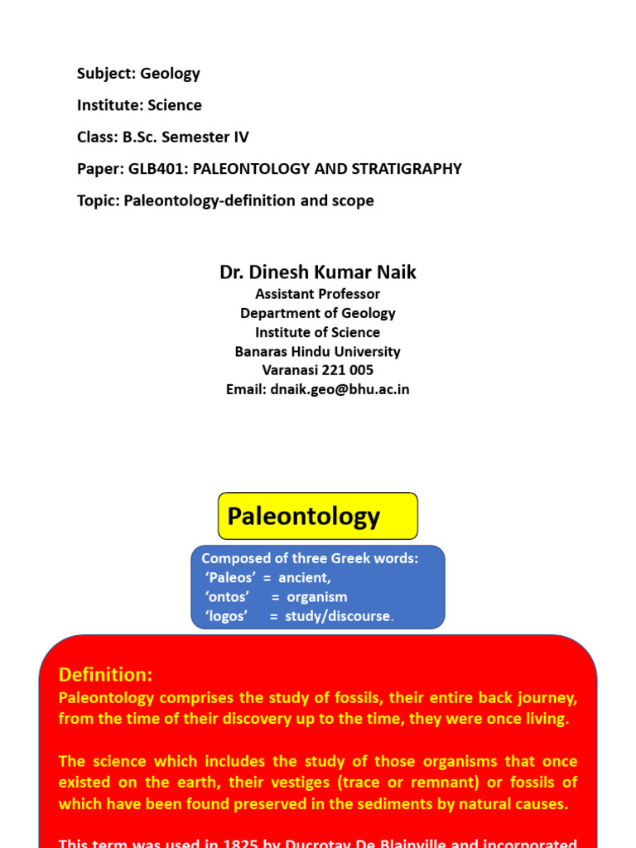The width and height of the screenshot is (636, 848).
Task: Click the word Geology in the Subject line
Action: (x=170, y=74)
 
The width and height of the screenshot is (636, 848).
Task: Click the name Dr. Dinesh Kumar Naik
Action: (x=318, y=272)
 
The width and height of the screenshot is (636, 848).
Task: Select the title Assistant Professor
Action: (x=318, y=294)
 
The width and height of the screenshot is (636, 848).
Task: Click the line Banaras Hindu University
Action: (x=318, y=351)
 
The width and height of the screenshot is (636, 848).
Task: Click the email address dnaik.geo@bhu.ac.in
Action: (x=340, y=389)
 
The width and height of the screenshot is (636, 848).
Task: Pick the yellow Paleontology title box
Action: (x=318, y=516)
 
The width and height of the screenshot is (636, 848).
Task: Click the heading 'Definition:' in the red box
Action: (x=106, y=674)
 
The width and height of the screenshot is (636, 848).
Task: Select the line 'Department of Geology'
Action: (x=318, y=313)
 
